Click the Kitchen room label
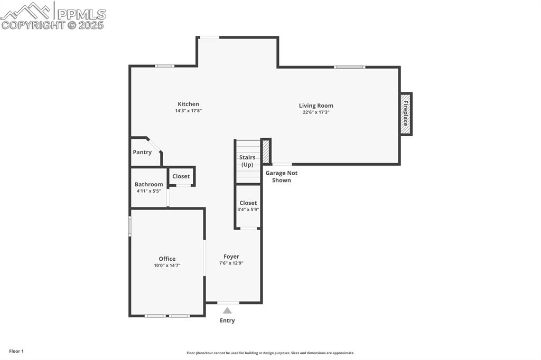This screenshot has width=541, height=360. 188,104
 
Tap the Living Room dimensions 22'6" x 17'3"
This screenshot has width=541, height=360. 316,112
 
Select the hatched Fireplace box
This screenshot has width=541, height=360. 406,114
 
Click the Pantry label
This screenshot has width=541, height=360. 142,152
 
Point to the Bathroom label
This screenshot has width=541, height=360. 148,184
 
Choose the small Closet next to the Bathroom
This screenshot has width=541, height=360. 181,176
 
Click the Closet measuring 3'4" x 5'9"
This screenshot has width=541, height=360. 248,206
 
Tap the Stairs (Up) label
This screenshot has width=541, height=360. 247,161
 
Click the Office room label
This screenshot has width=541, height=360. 167,259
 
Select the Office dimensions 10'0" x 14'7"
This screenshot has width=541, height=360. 167,266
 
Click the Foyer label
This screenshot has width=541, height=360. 231,257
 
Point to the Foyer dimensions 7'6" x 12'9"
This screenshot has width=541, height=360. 231,263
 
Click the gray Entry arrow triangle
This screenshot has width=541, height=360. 227,310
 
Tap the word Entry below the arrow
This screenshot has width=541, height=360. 227,320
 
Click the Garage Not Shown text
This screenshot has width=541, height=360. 281,176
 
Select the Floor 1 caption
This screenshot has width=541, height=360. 16,351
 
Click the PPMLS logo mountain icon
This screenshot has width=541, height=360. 26,10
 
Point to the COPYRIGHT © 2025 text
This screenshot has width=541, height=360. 53,25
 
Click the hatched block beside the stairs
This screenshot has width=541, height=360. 266,151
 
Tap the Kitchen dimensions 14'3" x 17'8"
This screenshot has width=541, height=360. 188,111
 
